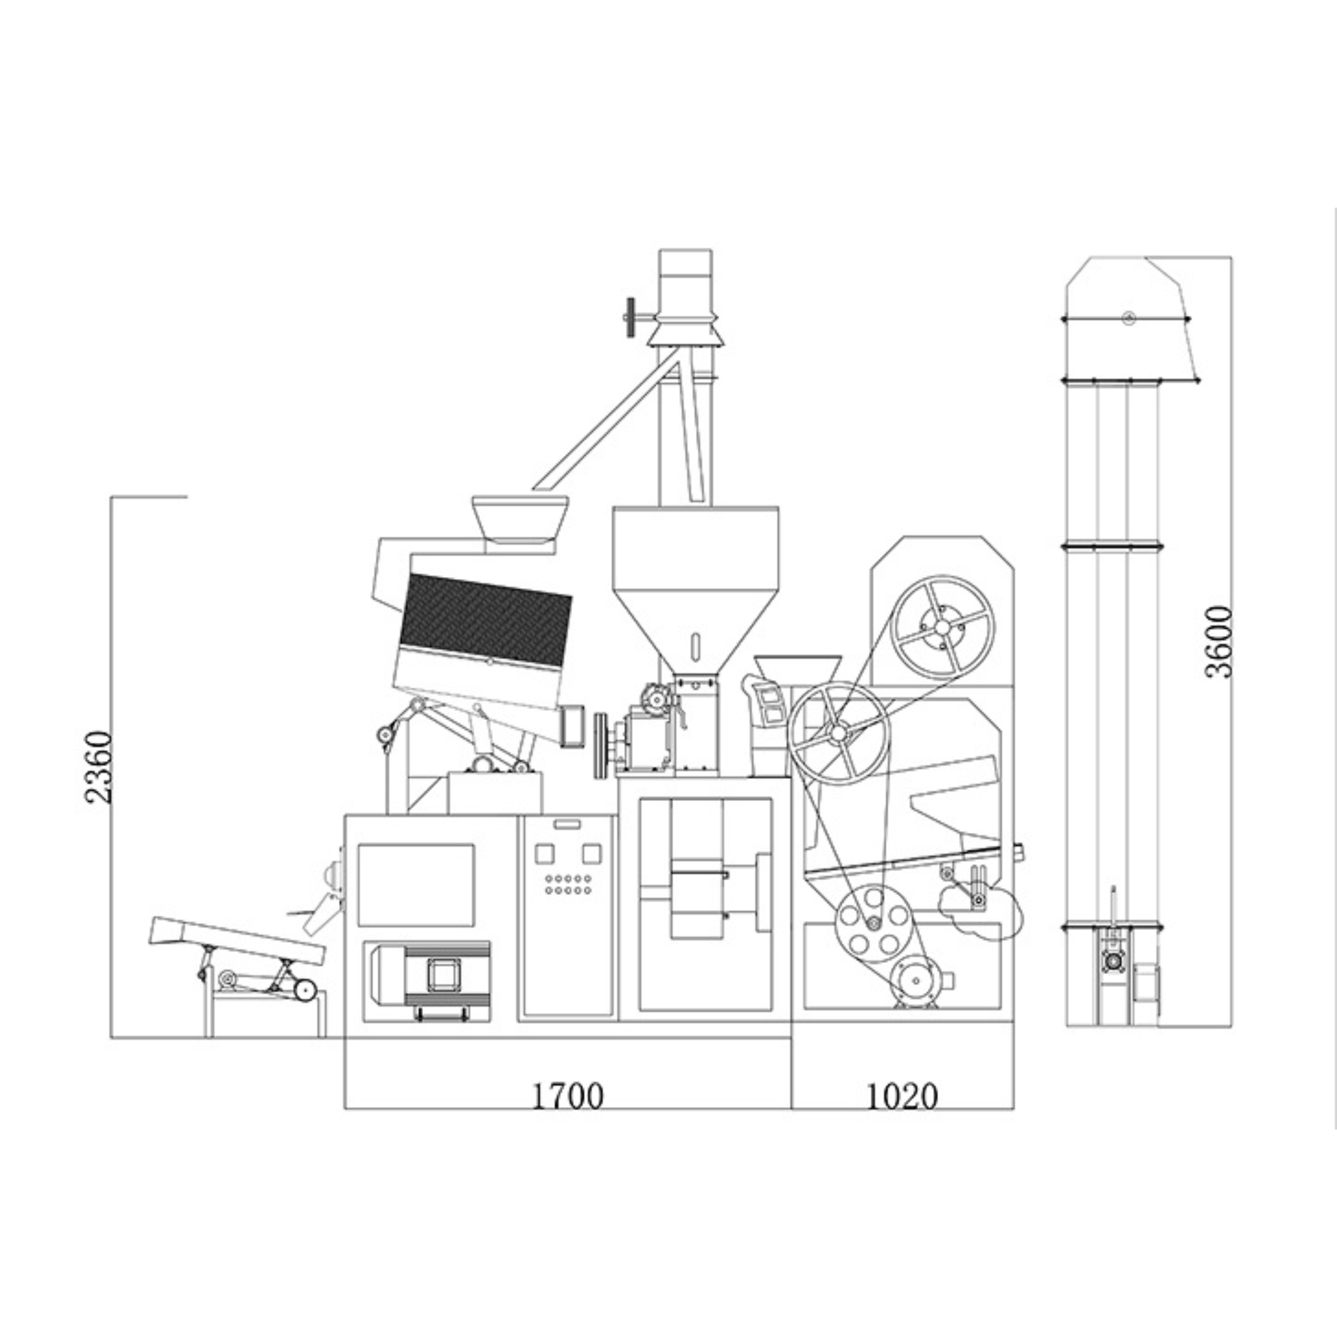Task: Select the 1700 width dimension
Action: click(567, 1095)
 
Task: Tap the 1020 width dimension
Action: click(902, 1095)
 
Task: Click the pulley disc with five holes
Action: click(873, 924)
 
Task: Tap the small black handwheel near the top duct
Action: click(631, 318)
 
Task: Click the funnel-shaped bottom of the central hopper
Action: click(695, 634)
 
